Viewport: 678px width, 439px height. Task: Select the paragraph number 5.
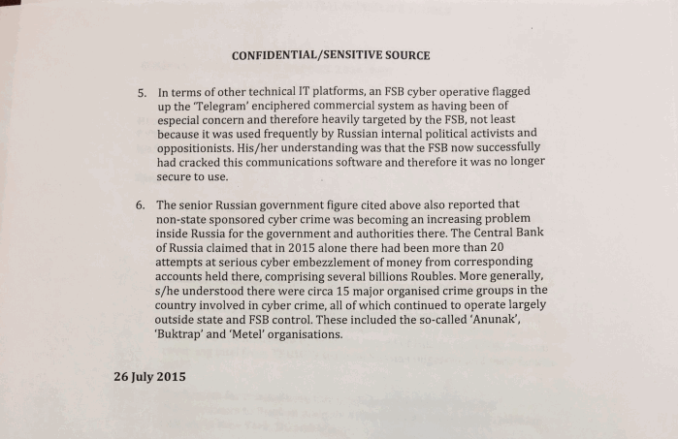coord(141,94)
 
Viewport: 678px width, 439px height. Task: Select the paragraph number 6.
coord(141,206)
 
